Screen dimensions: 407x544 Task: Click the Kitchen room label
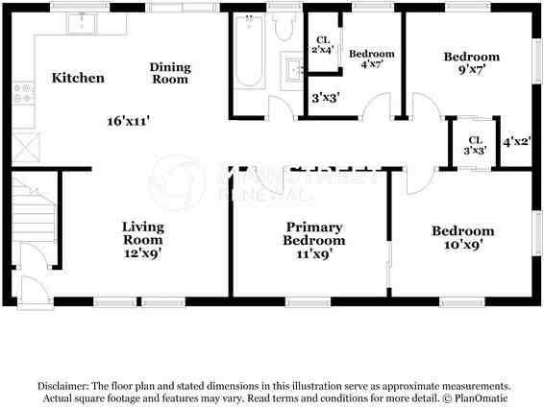pyautogui.click(x=78, y=78)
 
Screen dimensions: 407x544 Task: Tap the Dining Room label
pyautogui.click(x=170, y=73)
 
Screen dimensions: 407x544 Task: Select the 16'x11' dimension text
pyautogui.click(x=129, y=121)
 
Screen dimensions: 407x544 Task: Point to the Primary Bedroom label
pyautogui.click(x=313, y=233)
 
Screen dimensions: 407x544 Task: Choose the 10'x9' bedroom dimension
pyautogui.click(x=462, y=245)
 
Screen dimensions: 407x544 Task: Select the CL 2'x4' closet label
pyautogui.click(x=322, y=44)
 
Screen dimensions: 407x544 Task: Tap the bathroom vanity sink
pyautogui.click(x=292, y=68)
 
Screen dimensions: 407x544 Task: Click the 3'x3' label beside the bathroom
pyautogui.click(x=324, y=97)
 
